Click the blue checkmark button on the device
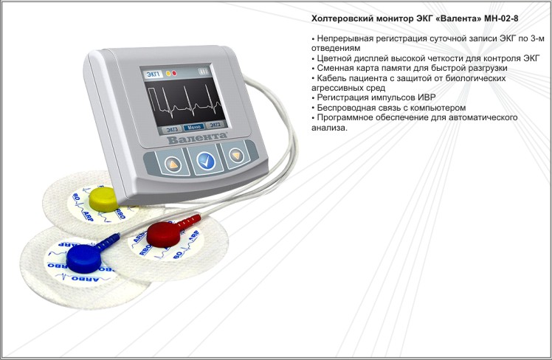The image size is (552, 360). pyautogui.click(x=206, y=161)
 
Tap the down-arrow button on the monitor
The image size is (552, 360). pyautogui.click(x=236, y=155)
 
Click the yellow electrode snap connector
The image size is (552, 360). pyautogui.click(x=103, y=199)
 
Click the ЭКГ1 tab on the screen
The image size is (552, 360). pyautogui.click(x=153, y=75)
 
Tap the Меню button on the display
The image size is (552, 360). pyautogui.click(x=194, y=127)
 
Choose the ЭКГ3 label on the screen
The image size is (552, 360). pyautogui.click(x=172, y=129)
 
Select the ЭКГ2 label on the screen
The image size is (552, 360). pyautogui.click(x=215, y=125)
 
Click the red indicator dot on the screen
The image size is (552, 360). pyautogui.click(x=174, y=73)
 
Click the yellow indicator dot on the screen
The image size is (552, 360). pyautogui.click(x=168, y=74)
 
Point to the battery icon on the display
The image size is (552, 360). pyautogui.click(x=204, y=72)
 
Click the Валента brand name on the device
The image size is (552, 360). pyautogui.click(x=197, y=138)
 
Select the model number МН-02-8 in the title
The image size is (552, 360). pyautogui.click(x=501, y=18)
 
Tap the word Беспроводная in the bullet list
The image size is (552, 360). pyautogui.click(x=346, y=108)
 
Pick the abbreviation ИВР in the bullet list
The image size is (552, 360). pyautogui.click(x=427, y=97)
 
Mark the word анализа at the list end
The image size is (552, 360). pyautogui.click(x=329, y=128)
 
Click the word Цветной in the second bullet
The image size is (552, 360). pyautogui.click(x=334, y=58)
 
